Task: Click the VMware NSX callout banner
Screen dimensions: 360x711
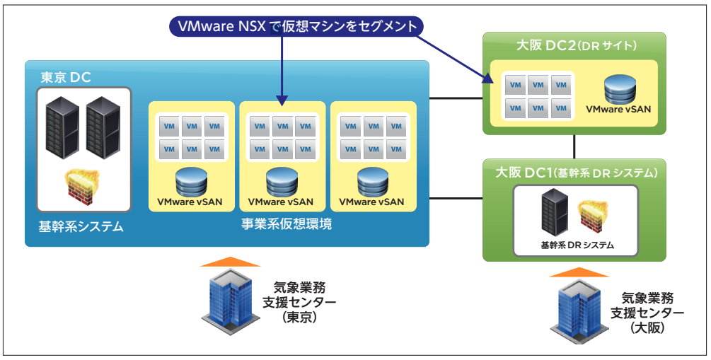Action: tap(296, 26)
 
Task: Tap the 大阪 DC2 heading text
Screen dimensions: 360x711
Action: tap(577, 45)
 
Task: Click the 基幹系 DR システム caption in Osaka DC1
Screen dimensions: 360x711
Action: tap(577, 245)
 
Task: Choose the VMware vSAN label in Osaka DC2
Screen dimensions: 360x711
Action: tap(618, 110)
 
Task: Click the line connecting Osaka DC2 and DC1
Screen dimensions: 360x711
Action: tap(574, 146)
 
